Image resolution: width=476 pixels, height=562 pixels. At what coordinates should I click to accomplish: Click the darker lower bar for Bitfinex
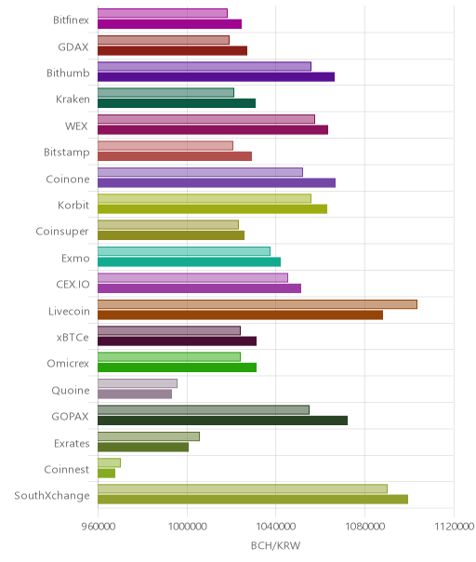(169, 24)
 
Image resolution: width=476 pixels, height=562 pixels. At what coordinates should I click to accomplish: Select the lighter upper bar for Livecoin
(258, 304)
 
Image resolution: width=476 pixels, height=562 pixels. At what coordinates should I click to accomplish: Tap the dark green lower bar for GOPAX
(222, 421)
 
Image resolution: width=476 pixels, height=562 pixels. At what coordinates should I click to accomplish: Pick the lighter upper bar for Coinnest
(110, 462)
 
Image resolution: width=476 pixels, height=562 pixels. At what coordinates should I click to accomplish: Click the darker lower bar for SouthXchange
(253, 500)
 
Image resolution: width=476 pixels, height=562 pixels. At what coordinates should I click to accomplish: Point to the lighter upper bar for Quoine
(138, 383)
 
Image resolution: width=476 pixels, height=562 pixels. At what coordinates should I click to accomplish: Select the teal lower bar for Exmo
(189, 262)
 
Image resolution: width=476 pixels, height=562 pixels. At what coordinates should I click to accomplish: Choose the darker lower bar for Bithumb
(216, 77)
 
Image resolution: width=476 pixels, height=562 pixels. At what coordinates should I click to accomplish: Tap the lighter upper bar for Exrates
(149, 436)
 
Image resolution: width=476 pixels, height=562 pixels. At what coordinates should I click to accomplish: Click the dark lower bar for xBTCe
(177, 341)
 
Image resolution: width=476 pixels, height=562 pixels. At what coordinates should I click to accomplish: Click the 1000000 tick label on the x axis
(187, 527)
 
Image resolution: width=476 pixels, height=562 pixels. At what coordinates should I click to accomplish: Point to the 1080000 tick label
(365, 527)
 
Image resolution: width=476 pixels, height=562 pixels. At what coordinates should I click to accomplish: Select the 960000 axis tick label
(99, 527)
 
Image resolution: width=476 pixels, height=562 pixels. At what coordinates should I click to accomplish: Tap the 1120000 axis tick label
(454, 527)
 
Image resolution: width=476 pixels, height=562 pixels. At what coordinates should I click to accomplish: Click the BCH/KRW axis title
(276, 546)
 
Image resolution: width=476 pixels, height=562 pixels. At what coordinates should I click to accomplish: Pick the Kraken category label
(73, 100)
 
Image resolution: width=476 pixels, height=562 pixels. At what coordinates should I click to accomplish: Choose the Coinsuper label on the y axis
(62, 232)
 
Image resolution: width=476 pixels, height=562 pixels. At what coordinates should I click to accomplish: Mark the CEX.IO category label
(73, 285)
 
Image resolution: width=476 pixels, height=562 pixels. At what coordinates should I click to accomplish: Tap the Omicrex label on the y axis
(68, 364)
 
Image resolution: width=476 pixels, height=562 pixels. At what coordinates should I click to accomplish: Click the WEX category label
(76, 127)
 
